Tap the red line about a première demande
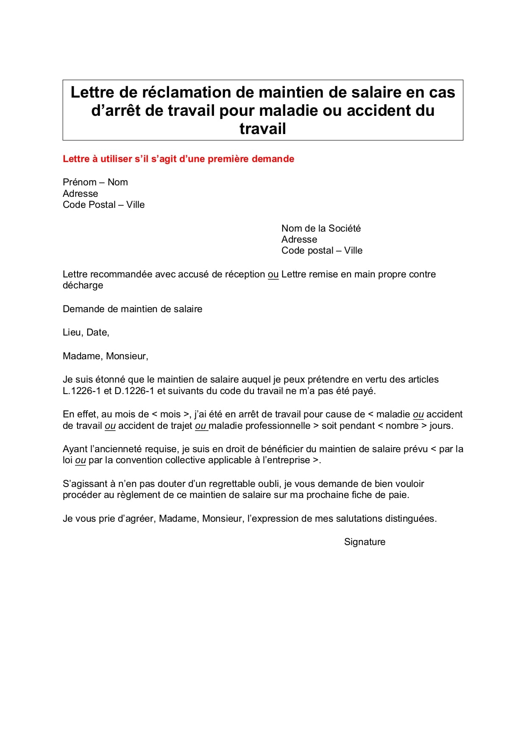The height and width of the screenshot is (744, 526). click(x=178, y=159)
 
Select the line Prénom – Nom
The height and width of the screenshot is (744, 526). click(x=95, y=182)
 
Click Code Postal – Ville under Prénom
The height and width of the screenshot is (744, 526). click(x=103, y=205)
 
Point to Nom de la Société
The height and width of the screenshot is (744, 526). click(x=321, y=229)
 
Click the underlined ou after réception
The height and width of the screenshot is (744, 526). click(x=273, y=274)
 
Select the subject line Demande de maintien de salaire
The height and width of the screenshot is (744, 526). click(x=132, y=309)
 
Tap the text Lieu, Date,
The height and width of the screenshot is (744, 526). click(x=86, y=333)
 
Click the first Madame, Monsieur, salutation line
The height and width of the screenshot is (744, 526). click(x=106, y=356)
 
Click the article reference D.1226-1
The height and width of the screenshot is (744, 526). click(x=134, y=391)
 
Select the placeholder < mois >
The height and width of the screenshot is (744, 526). click(x=170, y=414)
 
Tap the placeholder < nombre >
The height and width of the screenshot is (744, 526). click(x=402, y=426)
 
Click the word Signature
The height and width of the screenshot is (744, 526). click(x=365, y=542)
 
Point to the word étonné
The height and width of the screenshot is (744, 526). click(x=104, y=380)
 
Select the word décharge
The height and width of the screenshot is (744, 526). click(x=83, y=285)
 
